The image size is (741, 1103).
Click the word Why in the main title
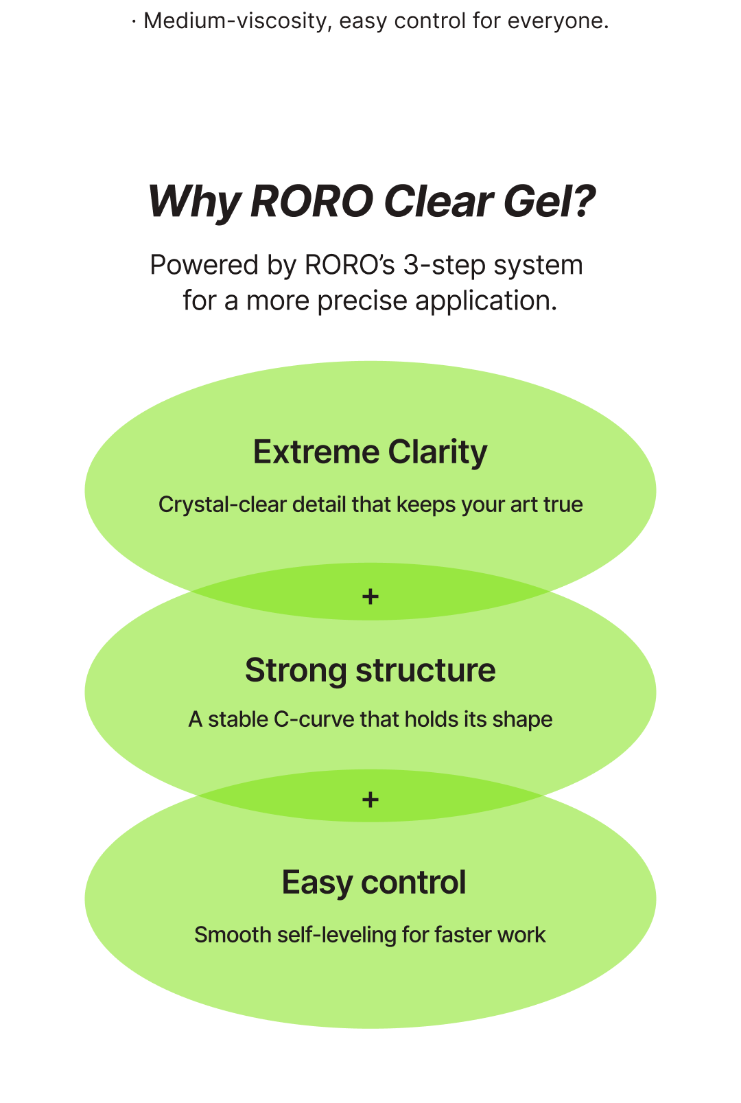(193, 202)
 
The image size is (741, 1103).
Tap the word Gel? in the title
(549, 202)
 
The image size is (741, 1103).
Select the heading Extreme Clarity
(370, 452)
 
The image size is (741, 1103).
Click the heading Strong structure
(370, 671)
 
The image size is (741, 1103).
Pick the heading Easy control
(374, 883)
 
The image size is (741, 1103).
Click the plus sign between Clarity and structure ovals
(370, 596)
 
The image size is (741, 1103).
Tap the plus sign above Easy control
(370, 800)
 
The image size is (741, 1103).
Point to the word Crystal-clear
(222, 505)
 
